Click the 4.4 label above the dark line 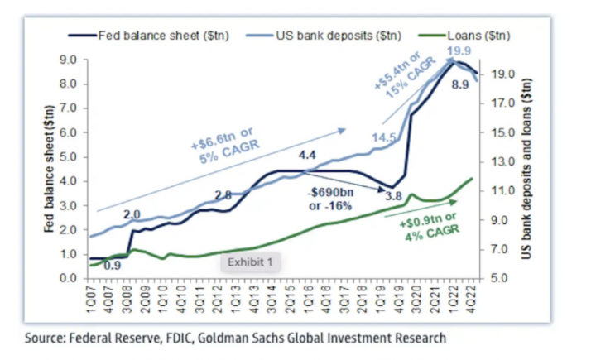308,155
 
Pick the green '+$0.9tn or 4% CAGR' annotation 435,230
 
